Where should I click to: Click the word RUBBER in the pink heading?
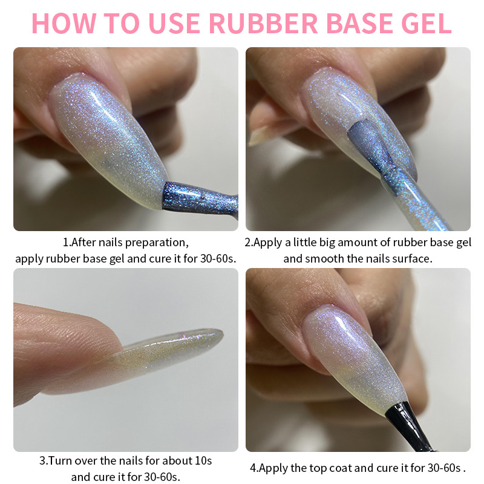[x=263, y=23]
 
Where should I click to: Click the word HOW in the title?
[x=64, y=23]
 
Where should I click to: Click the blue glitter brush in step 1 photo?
[x=199, y=198]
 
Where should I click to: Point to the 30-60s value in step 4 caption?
[x=444, y=468]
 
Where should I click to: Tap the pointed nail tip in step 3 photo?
[x=221, y=333]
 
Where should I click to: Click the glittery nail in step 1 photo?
[x=108, y=136]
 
